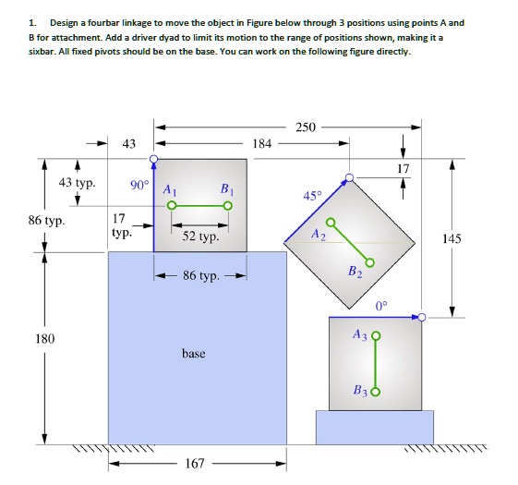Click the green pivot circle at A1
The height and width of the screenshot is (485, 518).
coord(171,206)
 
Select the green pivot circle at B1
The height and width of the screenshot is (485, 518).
coord(228,206)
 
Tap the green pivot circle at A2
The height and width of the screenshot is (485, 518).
coord(331,222)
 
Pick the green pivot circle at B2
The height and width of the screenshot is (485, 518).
coord(370,262)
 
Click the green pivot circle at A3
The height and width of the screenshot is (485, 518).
coord(377,336)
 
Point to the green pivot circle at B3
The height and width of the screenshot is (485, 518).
coord(376,392)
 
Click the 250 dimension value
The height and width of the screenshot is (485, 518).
coord(306,127)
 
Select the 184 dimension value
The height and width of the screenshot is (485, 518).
coord(262,143)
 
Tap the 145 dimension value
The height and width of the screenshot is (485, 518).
coord(452,238)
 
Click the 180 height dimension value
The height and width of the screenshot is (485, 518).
coord(45,338)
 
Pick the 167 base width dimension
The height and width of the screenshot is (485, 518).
coord(195,463)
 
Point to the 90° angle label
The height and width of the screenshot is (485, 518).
coord(139,185)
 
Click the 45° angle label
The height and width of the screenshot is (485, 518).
coord(312,196)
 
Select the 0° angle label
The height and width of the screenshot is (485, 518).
coord(381,306)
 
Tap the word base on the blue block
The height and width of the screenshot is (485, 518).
coord(194,353)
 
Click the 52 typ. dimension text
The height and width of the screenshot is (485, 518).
coord(200,236)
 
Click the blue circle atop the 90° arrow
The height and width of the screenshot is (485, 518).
coord(153,159)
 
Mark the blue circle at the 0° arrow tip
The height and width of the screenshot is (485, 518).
coord(422,318)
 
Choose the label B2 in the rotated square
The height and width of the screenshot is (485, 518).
coord(355,272)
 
